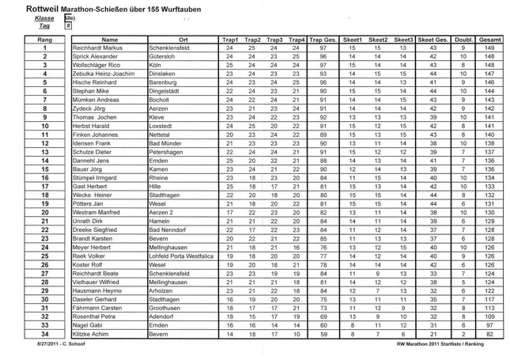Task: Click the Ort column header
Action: [x=183, y=39]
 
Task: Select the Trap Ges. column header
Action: [x=323, y=39]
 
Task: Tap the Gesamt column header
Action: [x=489, y=39]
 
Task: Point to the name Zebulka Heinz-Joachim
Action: [x=103, y=74]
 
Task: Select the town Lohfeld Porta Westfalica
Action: [x=181, y=256]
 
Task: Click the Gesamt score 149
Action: [x=489, y=47]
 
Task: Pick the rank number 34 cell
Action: [x=45, y=334]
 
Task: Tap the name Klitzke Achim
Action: [x=93, y=334]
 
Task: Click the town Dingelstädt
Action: [x=164, y=91]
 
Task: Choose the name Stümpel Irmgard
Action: [x=95, y=178]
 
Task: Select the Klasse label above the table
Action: [x=44, y=17]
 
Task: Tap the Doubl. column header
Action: [x=463, y=39]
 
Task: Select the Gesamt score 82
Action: [x=489, y=334]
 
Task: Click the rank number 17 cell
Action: [x=45, y=187]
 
